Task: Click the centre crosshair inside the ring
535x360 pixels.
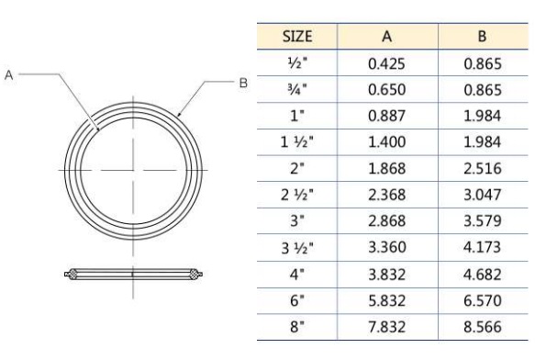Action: pos(133,171)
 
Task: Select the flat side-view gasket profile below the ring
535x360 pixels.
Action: pos(133,273)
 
